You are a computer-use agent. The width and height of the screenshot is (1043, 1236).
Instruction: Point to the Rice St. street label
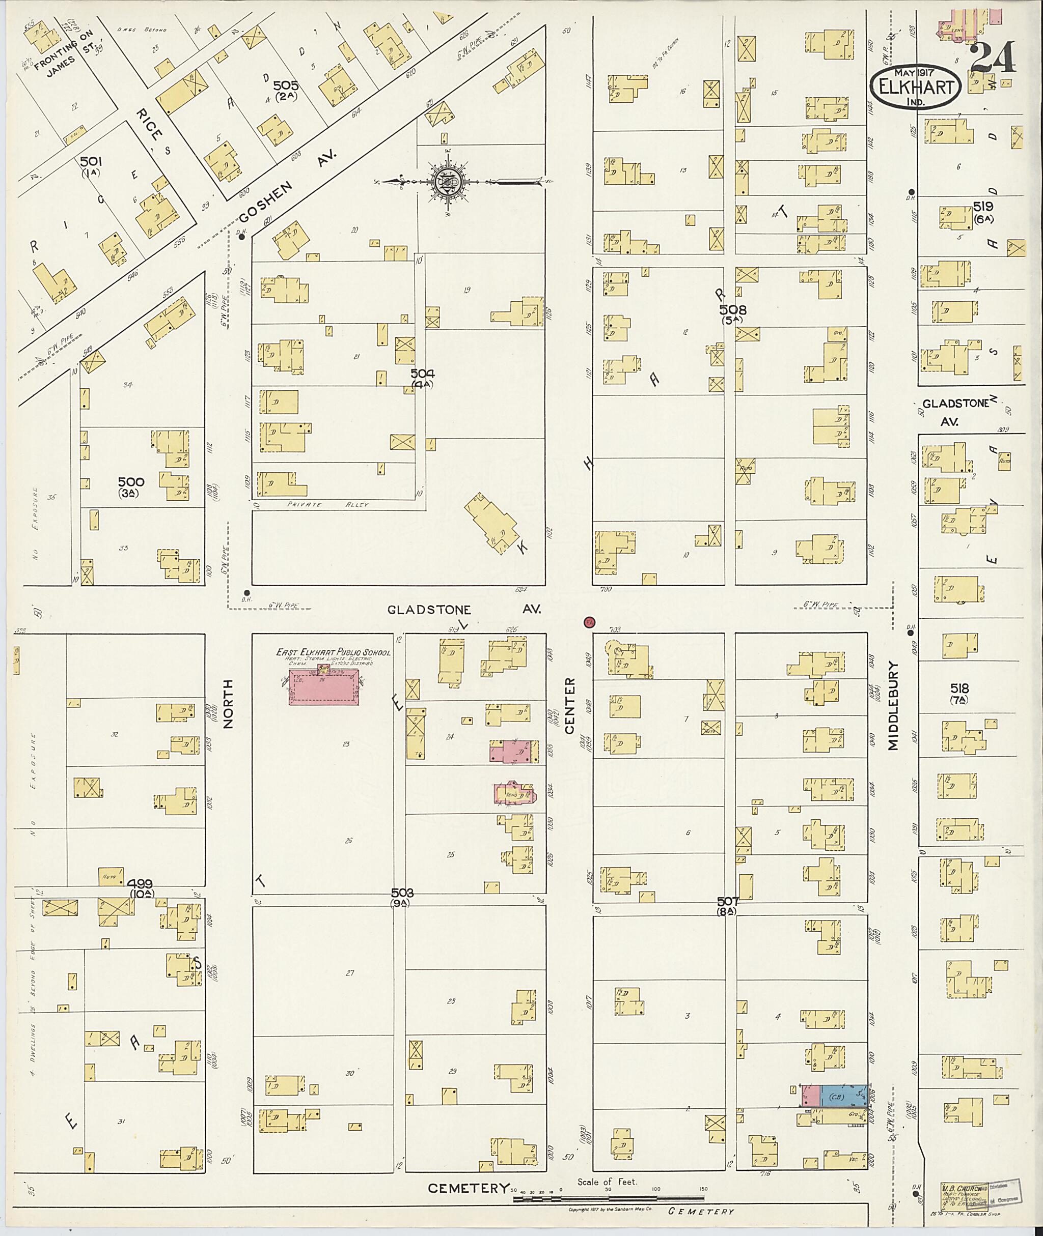click(149, 125)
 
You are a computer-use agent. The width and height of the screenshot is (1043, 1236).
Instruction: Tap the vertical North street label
click(229, 703)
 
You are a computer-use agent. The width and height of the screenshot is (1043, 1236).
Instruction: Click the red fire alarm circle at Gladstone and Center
click(589, 622)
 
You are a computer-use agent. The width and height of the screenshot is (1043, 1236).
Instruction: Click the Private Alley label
click(328, 505)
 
